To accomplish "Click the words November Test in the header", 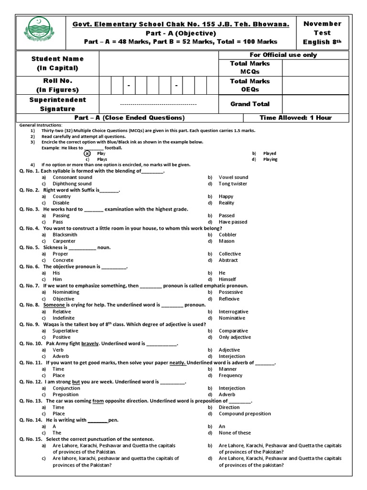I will coord(322,28).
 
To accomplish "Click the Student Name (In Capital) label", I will coord(57,63).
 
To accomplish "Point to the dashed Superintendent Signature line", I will coord(158,104).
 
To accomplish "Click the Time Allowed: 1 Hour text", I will coord(295,118).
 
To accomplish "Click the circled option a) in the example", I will coord(86,153).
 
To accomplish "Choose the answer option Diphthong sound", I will coord(72,184).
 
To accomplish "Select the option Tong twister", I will coord(233,184).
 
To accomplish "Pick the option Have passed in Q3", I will coord(233,222).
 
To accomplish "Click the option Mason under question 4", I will coord(227,241).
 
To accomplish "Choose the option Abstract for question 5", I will coord(228,260).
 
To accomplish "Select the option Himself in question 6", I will coord(227,279).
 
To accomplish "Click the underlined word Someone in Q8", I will coord(54,305).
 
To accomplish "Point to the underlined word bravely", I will coord(90,344).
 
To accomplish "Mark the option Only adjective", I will coord(235,337).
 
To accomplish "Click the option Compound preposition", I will coord(245,413).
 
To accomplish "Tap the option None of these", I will coord(235,433).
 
